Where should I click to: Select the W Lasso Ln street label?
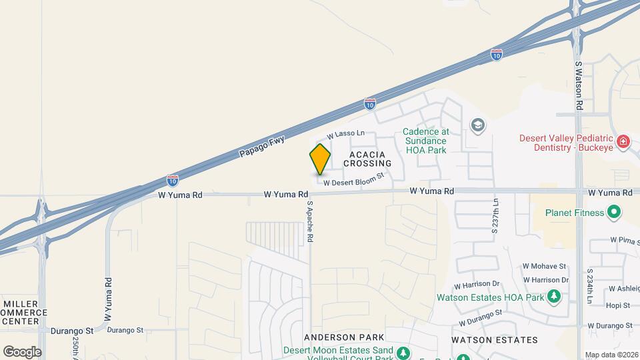pos(345,134)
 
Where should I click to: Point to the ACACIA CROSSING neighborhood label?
pos(366,158)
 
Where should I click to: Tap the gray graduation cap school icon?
pos(477,125)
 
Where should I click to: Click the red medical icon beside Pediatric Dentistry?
pos(623,141)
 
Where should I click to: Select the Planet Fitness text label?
pos(574,213)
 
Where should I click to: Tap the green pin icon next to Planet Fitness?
pos(615,213)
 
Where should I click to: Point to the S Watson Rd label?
pos(579,87)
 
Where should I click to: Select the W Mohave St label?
pos(544,265)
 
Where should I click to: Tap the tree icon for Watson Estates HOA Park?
pos(553,296)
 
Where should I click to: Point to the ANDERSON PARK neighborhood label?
pos(337,337)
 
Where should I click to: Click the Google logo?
pos(22,351)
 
